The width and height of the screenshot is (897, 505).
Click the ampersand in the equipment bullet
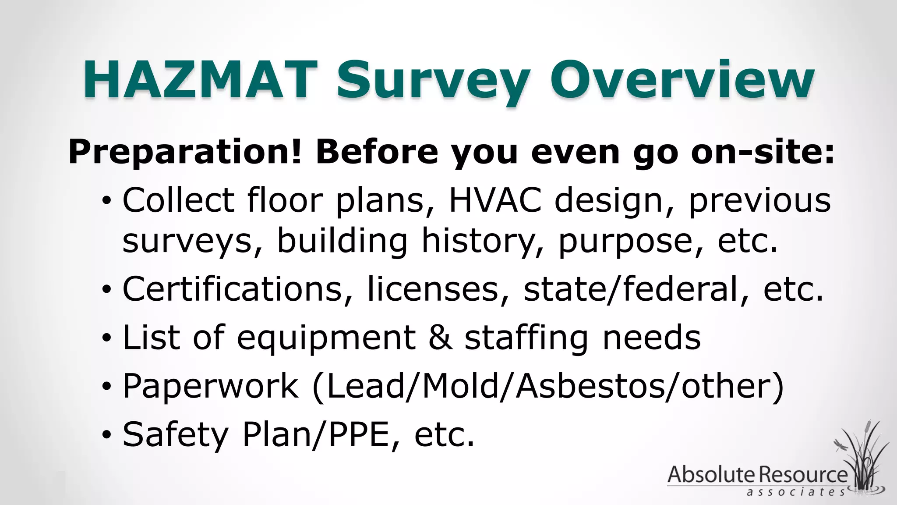441,338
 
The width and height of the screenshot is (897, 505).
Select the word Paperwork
211,386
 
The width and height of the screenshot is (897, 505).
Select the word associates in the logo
795,492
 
